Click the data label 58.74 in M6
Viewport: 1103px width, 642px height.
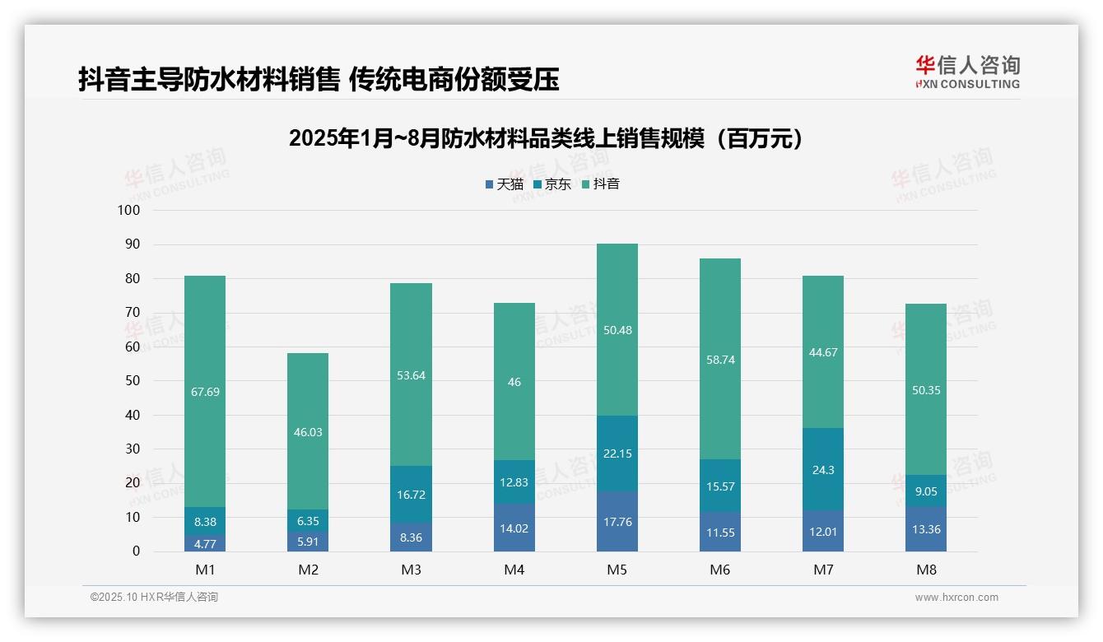click(720, 360)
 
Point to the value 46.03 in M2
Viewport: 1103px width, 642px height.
click(308, 432)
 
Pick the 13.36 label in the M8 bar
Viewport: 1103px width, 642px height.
click(926, 529)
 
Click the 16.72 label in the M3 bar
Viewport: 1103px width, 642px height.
click(411, 495)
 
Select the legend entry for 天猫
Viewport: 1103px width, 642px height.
click(504, 184)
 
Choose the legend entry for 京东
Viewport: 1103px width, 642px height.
click(552, 184)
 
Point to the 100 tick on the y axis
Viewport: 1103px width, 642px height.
click(129, 211)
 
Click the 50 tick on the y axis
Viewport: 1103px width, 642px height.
click(132, 381)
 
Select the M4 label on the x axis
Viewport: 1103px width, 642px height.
click(514, 570)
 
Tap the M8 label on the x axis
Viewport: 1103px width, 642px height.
click(926, 570)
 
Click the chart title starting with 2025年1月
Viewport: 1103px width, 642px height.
click(546, 138)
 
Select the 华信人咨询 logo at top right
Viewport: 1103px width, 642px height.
click(967, 72)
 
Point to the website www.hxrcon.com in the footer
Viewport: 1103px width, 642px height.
click(956, 598)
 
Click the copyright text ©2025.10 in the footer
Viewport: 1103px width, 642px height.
click(154, 598)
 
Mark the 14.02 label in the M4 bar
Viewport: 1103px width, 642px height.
click(514, 528)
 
